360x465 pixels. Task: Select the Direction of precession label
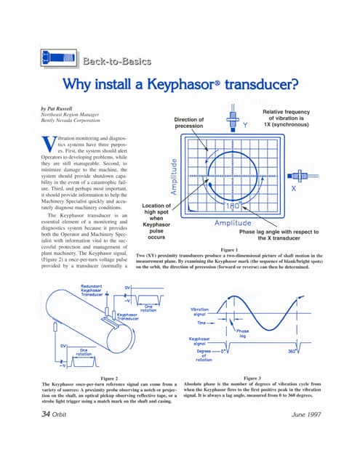pyautogui.click(x=190, y=123)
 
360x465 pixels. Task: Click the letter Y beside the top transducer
pyautogui.click(x=245, y=125)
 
